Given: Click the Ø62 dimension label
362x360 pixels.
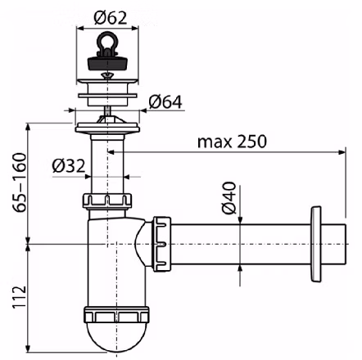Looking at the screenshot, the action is click(111, 18).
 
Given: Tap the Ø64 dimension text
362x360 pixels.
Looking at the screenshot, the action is click(165, 102).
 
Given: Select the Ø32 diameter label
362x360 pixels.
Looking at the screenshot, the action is click(69, 166).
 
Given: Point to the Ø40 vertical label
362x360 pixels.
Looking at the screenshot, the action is click(229, 198).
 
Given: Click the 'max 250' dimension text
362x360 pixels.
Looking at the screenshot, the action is click(232, 142).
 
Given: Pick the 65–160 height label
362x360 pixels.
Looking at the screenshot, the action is click(20, 182).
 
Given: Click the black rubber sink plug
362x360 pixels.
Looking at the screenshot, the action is click(108, 62).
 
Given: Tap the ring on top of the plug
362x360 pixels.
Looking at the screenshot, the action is click(106, 42).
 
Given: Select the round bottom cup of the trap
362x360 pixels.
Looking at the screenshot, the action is click(117, 336).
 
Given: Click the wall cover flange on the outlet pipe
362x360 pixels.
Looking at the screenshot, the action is click(315, 244).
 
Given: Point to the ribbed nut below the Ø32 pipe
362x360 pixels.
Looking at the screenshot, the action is click(107, 201).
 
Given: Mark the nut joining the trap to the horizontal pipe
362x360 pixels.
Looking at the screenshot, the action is click(161, 244).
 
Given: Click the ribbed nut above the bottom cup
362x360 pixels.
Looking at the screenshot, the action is click(116, 314).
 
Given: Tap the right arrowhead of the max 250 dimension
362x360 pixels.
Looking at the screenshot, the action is click(342, 152).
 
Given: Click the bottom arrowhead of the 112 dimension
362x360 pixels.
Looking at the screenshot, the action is click(28, 349).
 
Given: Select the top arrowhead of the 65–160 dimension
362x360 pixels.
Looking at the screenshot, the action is click(28, 128).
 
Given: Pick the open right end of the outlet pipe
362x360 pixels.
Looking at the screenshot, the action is click(346, 244).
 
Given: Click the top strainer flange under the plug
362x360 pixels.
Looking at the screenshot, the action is click(107, 81).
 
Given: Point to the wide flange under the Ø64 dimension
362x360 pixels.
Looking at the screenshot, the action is click(107, 128).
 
